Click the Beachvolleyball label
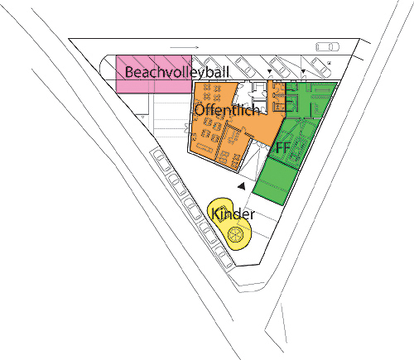[x=177, y=72]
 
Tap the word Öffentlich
[x=227, y=109]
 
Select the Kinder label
[x=233, y=214]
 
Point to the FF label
[x=282, y=147]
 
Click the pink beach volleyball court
[x=154, y=74]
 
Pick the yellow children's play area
[x=229, y=223]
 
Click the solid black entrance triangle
[x=242, y=186]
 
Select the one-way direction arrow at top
[x=185, y=47]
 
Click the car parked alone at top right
[x=327, y=46]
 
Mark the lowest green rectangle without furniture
[x=276, y=181]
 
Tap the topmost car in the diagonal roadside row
[x=161, y=160]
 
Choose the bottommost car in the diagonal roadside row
[x=224, y=257]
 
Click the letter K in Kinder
[x=215, y=214]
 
